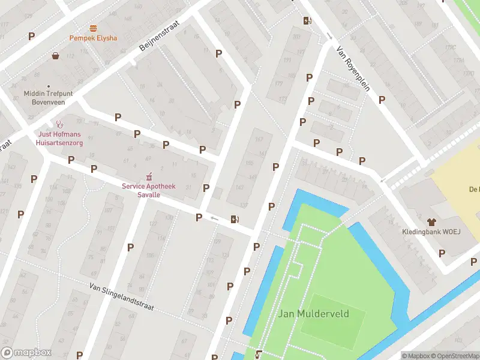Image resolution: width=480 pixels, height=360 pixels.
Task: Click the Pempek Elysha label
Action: click(93, 38)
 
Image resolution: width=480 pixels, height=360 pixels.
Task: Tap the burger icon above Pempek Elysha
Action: click(93, 28)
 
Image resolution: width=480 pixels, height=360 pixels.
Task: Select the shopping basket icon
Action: click(56, 56)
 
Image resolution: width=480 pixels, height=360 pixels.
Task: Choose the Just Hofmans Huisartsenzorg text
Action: click(60, 139)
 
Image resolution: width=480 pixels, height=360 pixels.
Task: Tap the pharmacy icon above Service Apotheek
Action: click(149, 177)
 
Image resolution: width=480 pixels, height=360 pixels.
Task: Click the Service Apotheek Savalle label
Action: click(149, 191)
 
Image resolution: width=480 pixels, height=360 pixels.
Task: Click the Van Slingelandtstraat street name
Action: click(121, 297)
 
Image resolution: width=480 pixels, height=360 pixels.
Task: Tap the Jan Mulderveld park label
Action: click(313, 314)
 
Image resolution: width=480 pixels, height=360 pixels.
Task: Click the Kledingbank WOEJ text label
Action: click(431, 232)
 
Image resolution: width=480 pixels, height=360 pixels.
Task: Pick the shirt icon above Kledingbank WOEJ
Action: click(431, 222)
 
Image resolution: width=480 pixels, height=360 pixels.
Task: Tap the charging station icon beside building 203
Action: click(307, 21)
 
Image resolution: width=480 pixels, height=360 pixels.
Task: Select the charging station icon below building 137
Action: click(234, 220)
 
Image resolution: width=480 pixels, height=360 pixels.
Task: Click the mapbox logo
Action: click(26, 353)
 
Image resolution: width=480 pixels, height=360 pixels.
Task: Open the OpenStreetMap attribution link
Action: click(454, 356)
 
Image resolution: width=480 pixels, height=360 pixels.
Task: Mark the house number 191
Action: click(287, 60)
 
